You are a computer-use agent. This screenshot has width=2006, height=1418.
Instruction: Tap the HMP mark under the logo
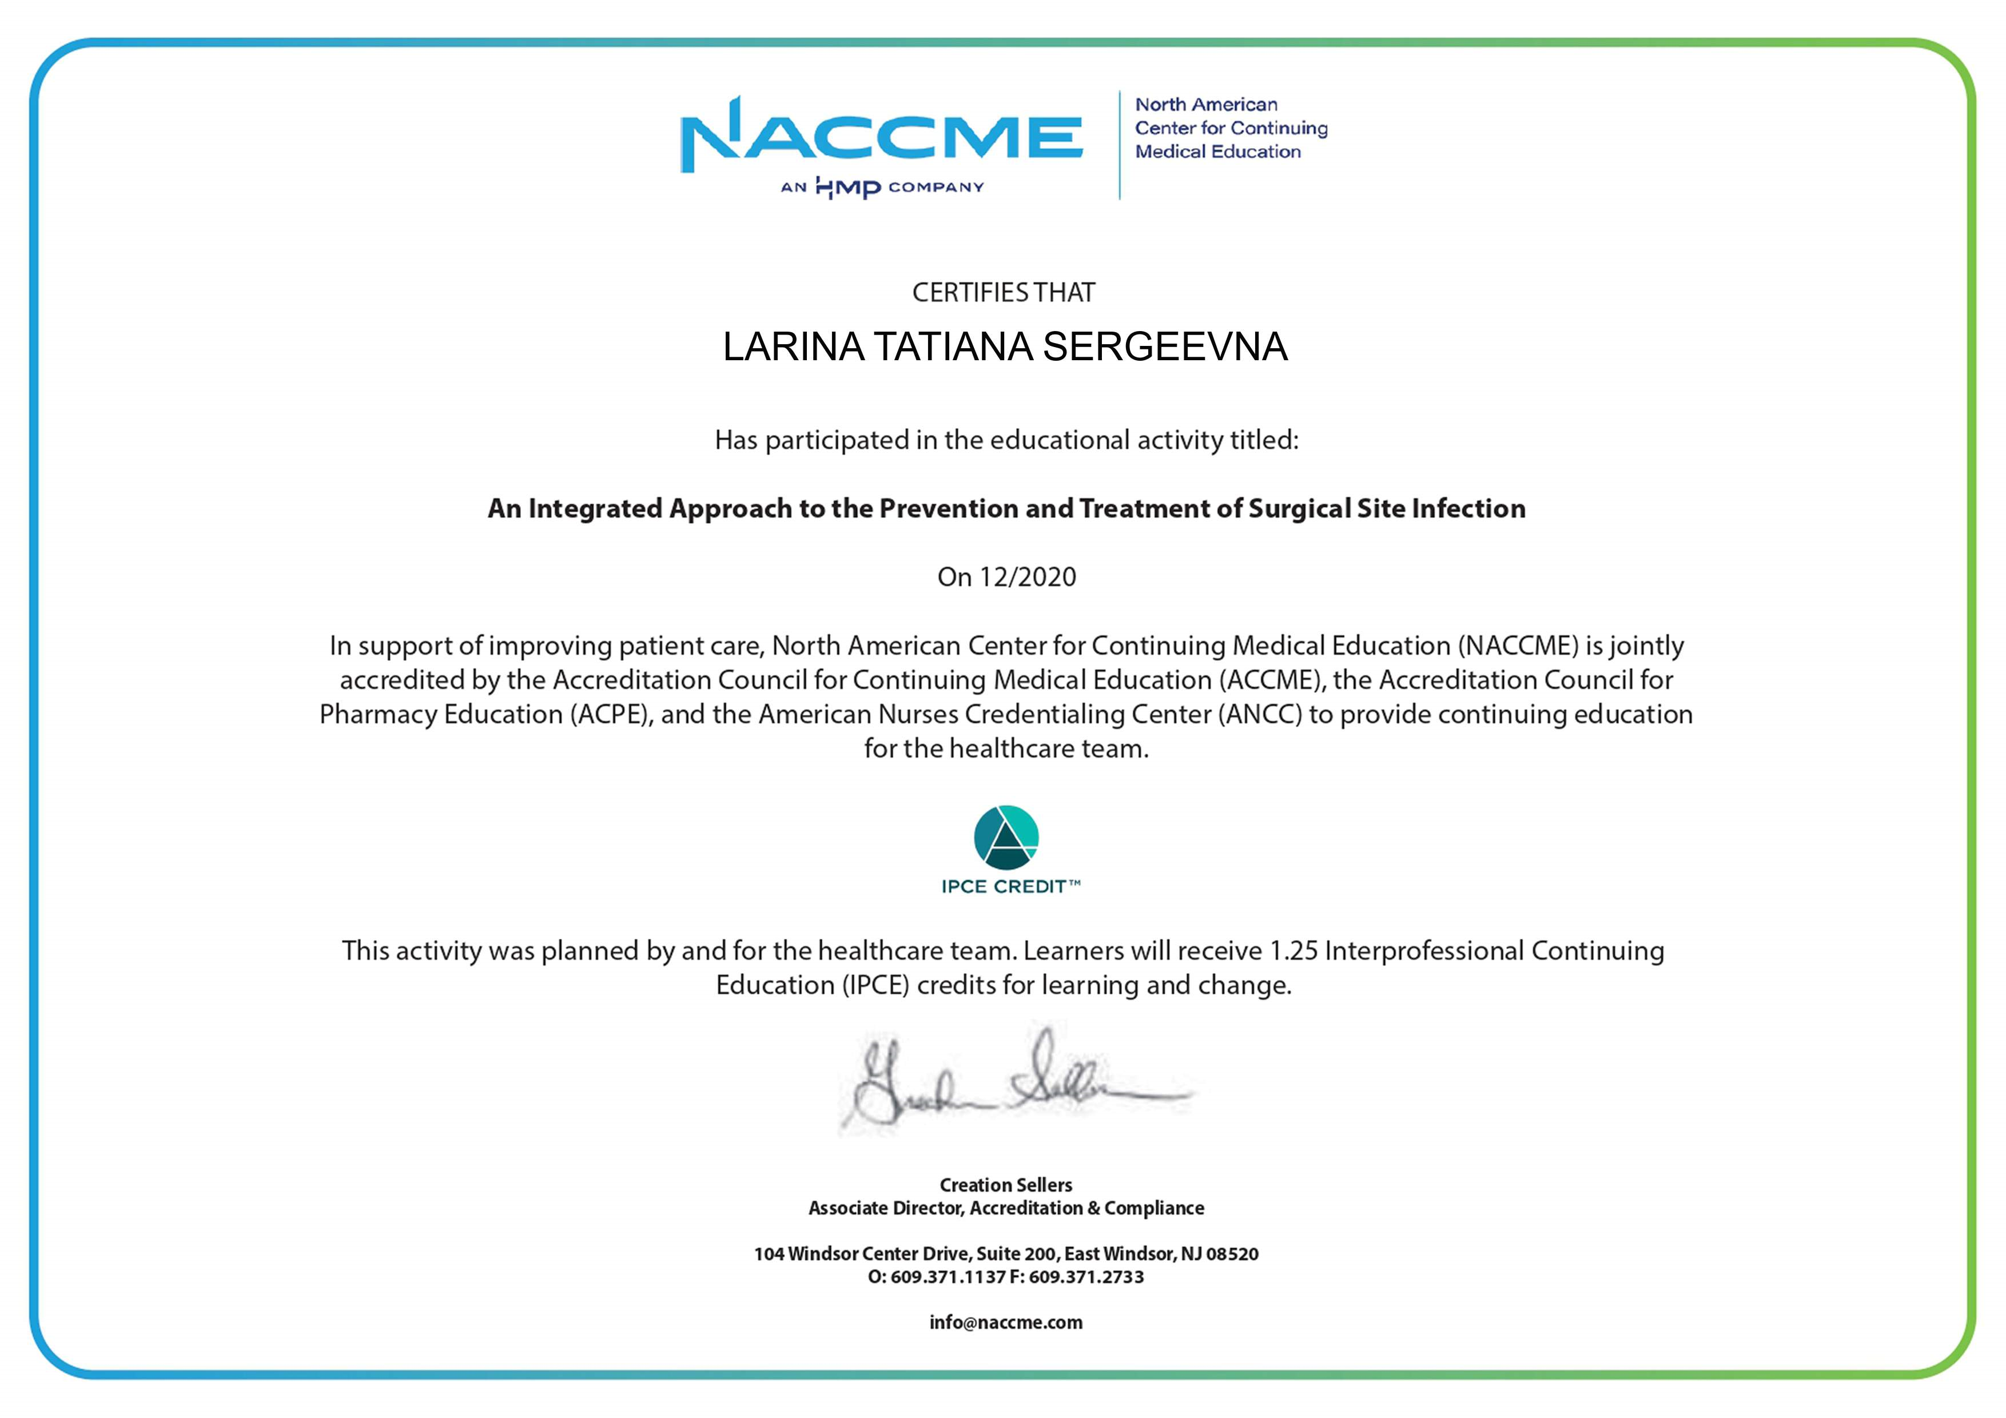tap(847, 187)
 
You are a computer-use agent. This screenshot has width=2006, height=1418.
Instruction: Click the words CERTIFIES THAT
tap(1003, 293)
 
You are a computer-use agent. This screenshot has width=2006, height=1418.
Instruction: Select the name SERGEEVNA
tap(1165, 347)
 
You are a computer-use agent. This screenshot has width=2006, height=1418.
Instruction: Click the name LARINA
tap(793, 347)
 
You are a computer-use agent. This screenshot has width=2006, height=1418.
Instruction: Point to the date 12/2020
tap(1028, 577)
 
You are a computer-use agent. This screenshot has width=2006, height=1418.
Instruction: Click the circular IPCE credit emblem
tap(1006, 838)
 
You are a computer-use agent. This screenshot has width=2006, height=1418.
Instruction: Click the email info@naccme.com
tap(1006, 1323)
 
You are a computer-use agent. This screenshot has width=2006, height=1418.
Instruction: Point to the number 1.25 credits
tap(1293, 951)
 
